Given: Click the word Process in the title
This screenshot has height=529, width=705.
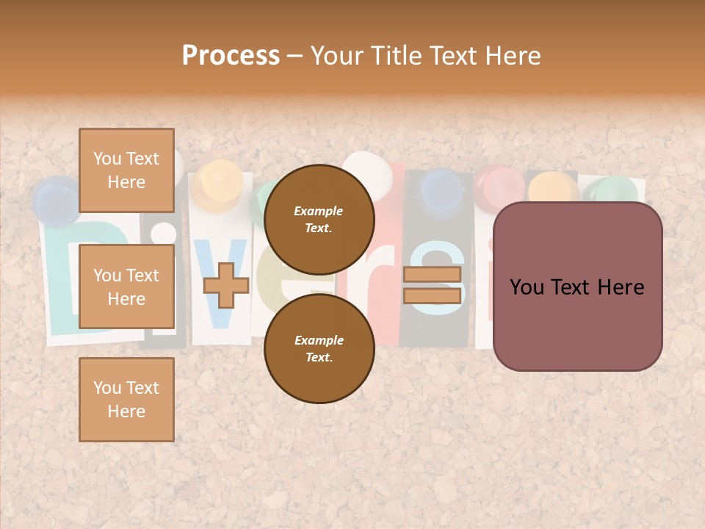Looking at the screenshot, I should click(231, 56).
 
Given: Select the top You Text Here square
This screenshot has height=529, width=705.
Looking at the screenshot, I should click(126, 170).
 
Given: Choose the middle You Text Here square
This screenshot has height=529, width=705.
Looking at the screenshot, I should click(126, 287).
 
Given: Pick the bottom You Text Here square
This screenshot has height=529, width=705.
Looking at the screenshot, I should click(126, 400).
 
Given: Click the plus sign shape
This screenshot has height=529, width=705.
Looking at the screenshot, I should click(225, 285).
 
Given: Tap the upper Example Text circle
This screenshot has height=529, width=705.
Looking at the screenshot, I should click(319, 219).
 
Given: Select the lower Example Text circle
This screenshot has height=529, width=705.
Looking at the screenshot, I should click(319, 348).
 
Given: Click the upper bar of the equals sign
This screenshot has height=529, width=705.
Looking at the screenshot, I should click(432, 275).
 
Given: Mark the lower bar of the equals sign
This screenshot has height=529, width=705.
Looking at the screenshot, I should click(432, 295).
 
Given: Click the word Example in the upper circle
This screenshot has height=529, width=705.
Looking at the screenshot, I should click(319, 211).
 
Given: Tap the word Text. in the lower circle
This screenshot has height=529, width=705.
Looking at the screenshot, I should click(319, 357).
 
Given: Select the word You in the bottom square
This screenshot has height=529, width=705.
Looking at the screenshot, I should click(107, 388).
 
